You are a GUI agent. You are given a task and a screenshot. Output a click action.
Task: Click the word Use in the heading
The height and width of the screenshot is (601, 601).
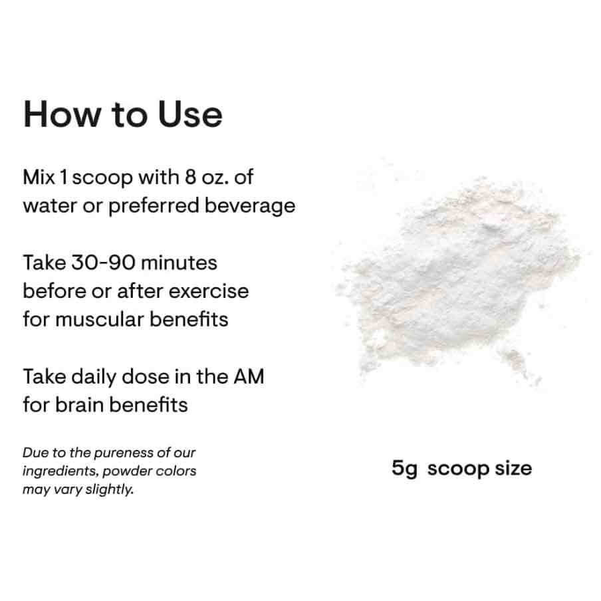point(190,114)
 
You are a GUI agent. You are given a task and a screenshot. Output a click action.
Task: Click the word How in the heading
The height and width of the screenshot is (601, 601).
point(62,114)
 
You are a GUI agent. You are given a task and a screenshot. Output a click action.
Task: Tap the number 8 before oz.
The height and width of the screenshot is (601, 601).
point(191,177)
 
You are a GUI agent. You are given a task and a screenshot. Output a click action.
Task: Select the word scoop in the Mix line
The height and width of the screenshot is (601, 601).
point(102,179)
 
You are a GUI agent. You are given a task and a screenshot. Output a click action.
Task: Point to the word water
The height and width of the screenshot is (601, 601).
point(50,206)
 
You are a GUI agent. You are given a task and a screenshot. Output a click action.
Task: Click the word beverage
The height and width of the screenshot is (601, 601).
point(250,207)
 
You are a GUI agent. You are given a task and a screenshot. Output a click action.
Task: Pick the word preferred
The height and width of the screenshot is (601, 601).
point(154,207)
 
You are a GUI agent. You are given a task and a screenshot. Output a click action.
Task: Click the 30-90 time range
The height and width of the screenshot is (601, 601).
point(103,263)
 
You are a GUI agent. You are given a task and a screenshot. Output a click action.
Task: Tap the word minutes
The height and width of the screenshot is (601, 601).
point(179,263)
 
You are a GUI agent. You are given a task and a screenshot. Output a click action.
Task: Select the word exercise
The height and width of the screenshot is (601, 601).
point(209,291)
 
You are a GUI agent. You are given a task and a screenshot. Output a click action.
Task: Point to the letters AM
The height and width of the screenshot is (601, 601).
point(249,376)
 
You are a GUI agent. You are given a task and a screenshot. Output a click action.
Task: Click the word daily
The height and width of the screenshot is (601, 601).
point(94,378)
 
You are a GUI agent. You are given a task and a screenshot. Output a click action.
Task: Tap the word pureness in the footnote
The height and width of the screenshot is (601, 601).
point(124,453)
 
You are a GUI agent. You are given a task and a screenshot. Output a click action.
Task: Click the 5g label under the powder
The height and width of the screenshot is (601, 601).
point(404,469)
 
